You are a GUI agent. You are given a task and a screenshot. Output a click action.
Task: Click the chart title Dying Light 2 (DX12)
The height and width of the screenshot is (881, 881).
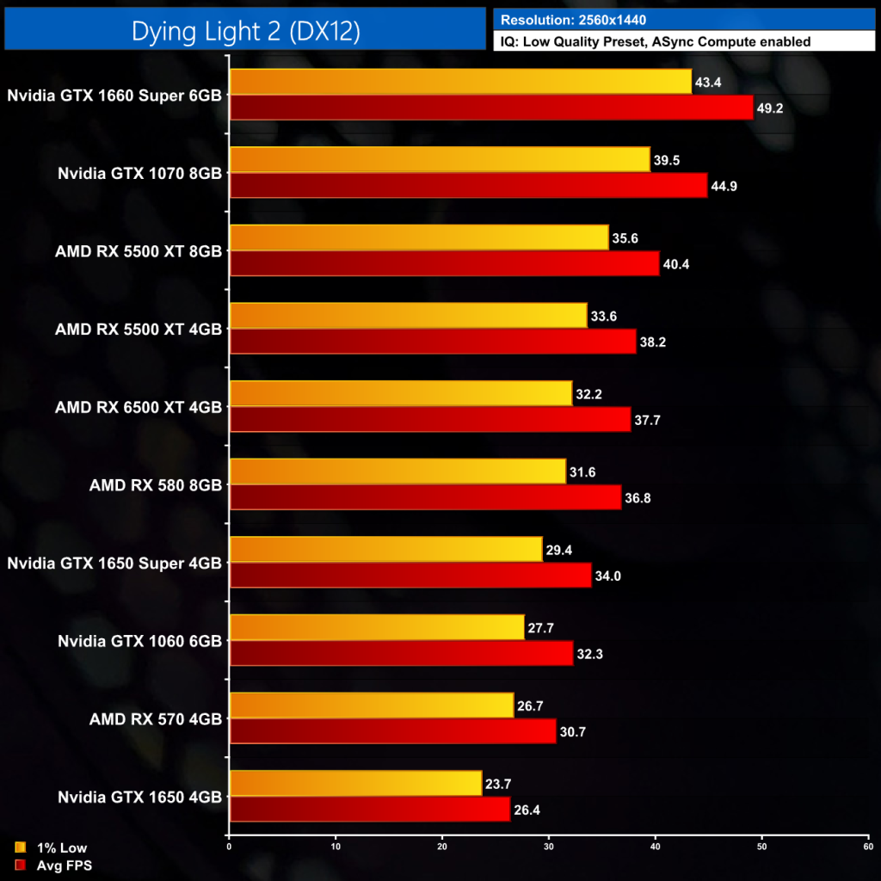pos(245,31)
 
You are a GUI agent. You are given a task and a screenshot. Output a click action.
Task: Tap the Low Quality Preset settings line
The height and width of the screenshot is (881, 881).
pos(655,41)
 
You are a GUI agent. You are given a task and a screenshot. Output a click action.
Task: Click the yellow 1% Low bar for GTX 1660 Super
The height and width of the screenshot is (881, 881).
pos(460,82)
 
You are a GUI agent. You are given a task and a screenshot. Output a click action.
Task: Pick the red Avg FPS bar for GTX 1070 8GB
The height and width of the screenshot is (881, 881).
pos(469,186)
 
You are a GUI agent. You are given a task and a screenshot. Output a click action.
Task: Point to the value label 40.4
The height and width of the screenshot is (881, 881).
pos(676,264)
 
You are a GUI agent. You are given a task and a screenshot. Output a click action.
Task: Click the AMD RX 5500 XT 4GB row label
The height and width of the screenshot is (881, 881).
pos(138,329)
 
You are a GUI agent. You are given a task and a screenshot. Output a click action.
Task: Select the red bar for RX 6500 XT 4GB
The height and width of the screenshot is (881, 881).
pos(430,419)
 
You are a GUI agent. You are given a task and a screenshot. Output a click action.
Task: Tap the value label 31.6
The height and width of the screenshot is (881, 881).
pos(583,471)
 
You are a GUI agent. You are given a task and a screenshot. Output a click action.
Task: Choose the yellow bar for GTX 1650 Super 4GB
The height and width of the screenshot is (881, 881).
pos(385,549)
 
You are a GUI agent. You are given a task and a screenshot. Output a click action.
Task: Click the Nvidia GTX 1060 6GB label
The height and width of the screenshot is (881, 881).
pos(139,640)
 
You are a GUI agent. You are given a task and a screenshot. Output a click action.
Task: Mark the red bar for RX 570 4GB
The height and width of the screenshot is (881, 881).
pos(393,731)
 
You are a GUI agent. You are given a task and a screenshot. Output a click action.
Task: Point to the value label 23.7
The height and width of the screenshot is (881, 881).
pos(499,783)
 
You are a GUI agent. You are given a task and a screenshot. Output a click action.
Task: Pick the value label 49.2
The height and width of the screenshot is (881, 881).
pos(770,108)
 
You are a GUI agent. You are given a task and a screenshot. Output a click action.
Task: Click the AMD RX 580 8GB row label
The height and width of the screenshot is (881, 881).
pos(155,484)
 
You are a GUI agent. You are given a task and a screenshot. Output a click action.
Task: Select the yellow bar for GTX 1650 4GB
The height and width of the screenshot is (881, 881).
pos(356,783)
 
